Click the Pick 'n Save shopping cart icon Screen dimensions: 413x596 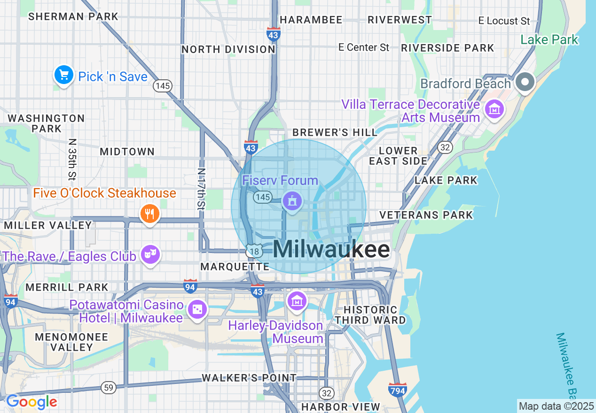(x=64, y=75)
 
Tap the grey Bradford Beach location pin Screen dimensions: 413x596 (x=525, y=83)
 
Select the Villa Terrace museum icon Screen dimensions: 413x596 (x=494, y=110)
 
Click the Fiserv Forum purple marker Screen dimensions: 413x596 (x=292, y=201)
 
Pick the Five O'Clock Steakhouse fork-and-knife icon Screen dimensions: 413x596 (x=149, y=214)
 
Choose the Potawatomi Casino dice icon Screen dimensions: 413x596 (x=197, y=310)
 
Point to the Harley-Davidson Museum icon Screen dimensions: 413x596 (x=297, y=300)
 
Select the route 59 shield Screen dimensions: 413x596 (x=109, y=388)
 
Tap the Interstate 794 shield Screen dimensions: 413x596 (x=398, y=390)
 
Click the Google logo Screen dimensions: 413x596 (x=31, y=402)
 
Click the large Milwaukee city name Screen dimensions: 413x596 (x=331, y=250)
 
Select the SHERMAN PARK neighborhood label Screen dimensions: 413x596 (x=73, y=17)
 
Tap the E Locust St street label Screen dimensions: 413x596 (x=504, y=21)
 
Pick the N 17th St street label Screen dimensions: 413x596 (x=201, y=189)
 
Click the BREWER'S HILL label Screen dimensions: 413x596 (x=335, y=133)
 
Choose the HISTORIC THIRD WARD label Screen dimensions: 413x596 (x=370, y=315)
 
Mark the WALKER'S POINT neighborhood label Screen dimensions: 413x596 (x=249, y=378)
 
